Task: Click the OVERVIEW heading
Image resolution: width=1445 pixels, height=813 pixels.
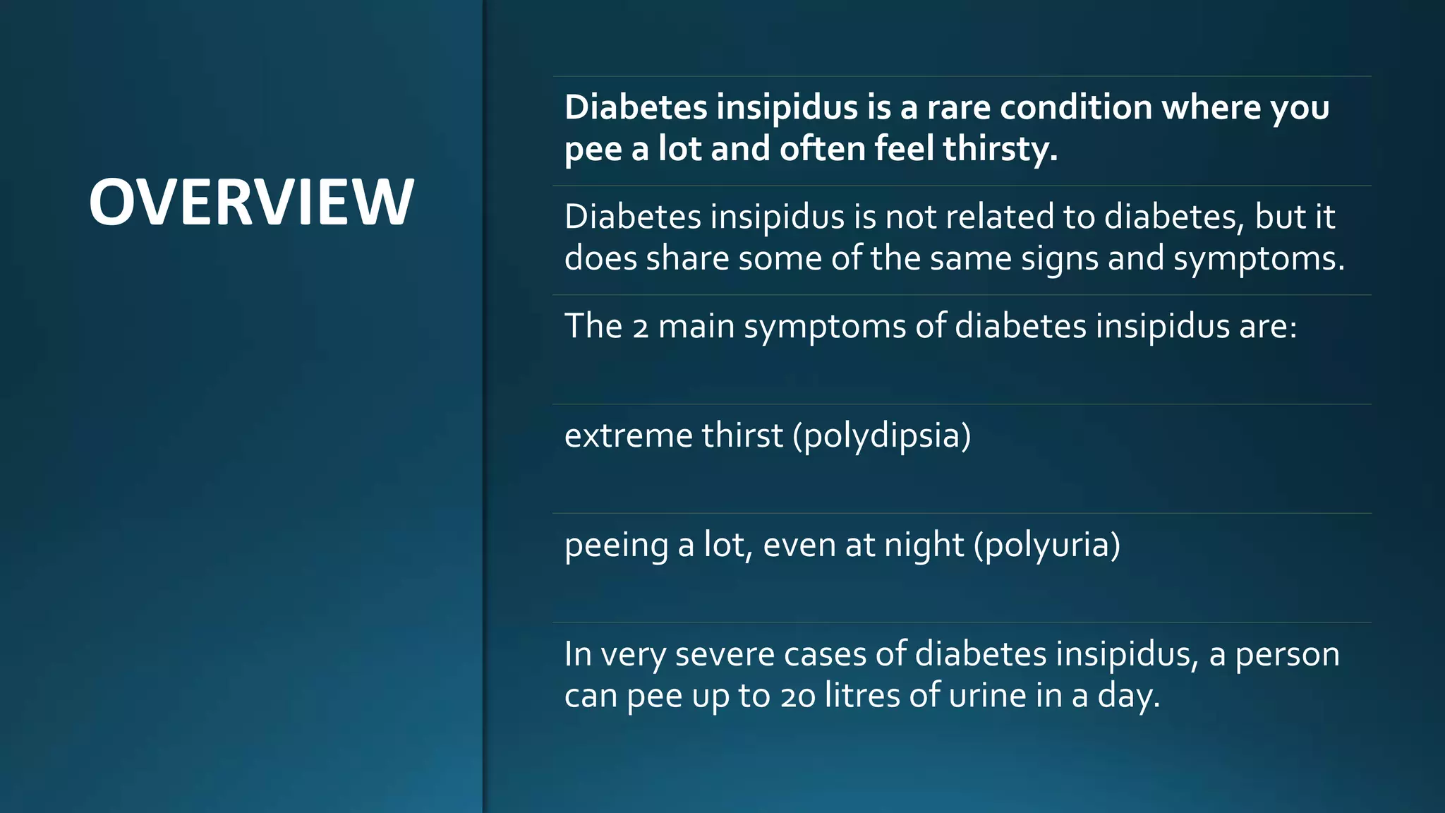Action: (x=251, y=203)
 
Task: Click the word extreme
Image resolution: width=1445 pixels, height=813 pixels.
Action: (x=628, y=435)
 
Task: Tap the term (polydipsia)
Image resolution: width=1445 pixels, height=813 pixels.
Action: (x=882, y=435)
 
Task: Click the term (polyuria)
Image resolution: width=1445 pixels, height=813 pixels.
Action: (x=1047, y=546)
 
